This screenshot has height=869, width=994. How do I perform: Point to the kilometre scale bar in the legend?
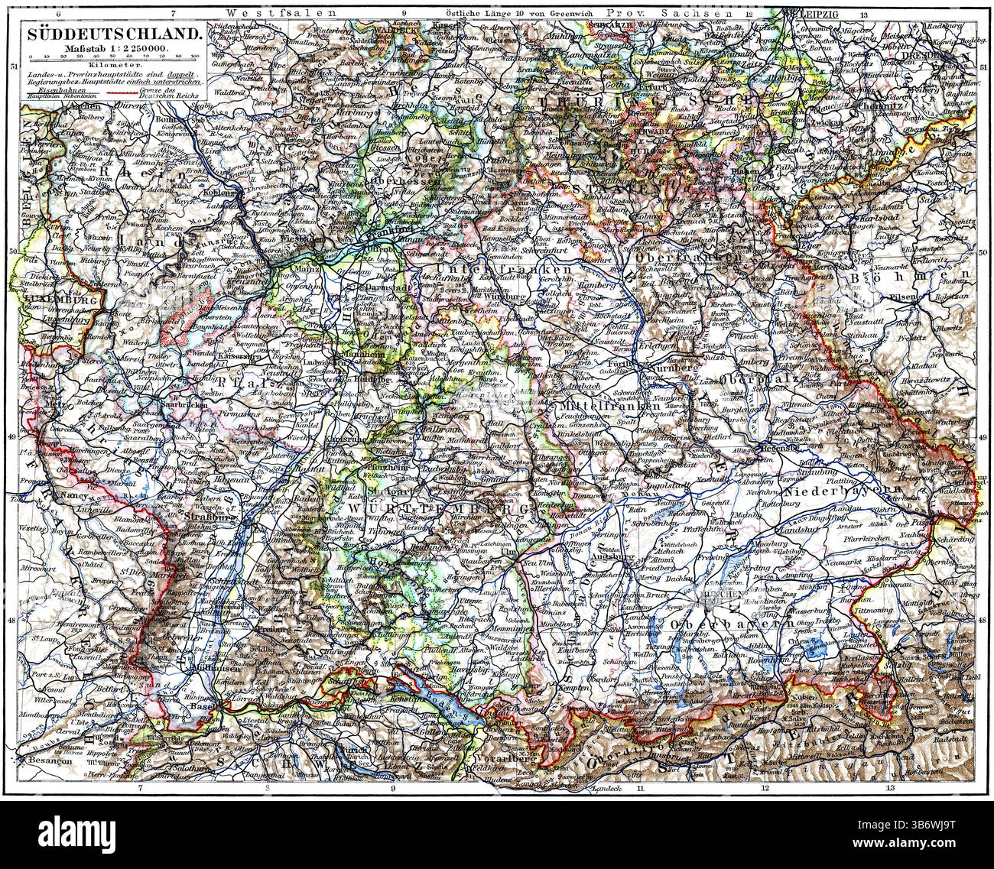pos(111,54)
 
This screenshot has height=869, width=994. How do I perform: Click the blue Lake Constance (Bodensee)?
pos(428,689)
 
